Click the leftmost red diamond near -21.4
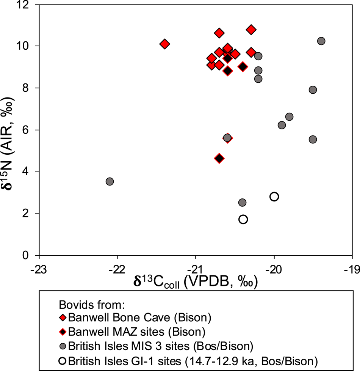(164, 44)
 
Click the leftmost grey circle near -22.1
(110, 181)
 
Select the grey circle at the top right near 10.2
(321, 41)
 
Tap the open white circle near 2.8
(274, 197)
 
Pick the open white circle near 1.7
(243, 219)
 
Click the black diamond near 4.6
(219, 158)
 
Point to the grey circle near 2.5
(242, 203)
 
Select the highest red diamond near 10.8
(251, 30)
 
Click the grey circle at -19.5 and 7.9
(313, 90)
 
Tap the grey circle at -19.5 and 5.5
(313, 139)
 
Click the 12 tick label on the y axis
(29, 5)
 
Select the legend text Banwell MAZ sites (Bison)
(137, 331)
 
